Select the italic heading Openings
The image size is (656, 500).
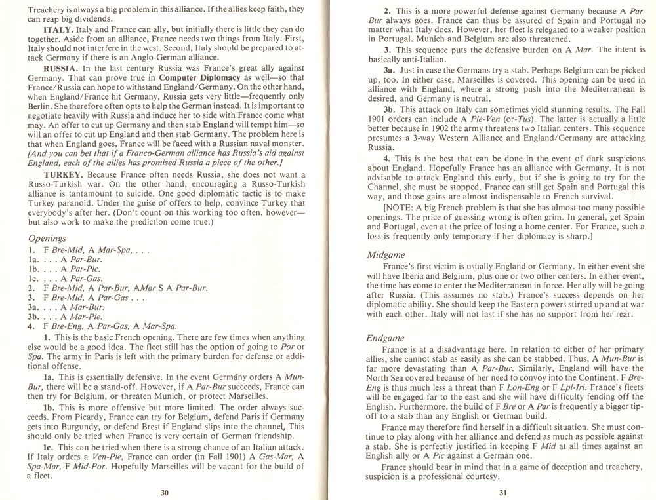[48, 239]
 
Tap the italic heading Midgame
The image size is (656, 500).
[388, 254]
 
